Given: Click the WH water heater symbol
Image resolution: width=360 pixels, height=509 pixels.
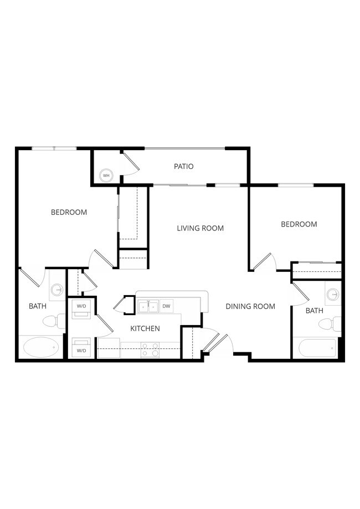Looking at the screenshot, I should point(105,176).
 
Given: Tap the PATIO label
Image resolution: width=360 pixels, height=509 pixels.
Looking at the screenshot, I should point(183,166).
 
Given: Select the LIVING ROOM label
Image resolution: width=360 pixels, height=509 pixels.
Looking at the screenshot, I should point(200,228).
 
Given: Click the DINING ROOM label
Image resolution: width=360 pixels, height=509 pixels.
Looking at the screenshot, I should point(250,306).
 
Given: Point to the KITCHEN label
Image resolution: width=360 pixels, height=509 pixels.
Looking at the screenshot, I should point(145,328).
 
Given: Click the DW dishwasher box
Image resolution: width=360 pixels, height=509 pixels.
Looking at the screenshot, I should point(166,306).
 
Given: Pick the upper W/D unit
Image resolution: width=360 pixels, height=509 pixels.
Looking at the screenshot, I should point(81,308).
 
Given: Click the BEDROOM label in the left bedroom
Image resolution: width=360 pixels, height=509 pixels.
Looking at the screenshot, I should point(69,212).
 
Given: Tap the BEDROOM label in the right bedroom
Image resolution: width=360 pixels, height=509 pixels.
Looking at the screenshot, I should point(299,224).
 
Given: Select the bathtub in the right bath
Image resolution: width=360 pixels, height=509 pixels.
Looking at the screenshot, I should point(317,348).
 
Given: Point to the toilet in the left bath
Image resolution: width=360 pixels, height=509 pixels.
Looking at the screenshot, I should point(52,320).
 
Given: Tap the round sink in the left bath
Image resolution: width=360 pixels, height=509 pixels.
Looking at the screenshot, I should point(56,290).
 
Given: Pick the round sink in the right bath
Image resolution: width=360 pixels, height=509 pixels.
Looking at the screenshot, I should point(332,294).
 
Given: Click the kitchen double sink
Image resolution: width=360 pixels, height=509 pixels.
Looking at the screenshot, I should point(148,306).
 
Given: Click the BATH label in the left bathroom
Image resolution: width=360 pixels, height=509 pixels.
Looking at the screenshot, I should point(38,306).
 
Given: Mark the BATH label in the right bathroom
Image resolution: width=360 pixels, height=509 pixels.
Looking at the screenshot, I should point(314,311).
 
